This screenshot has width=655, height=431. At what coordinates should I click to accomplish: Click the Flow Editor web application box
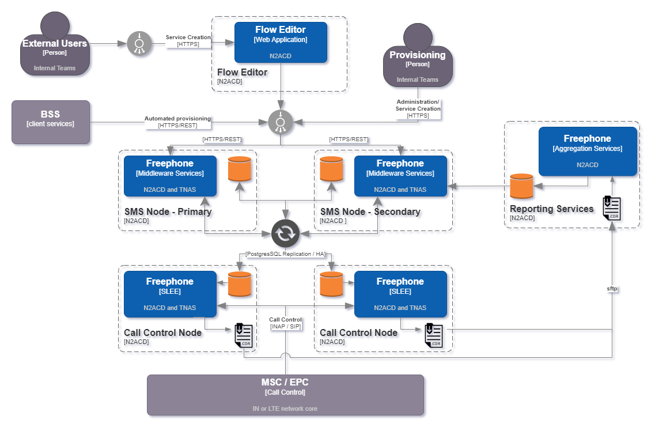tap(281, 42)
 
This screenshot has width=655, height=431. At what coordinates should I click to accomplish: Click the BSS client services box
tap(51, 122)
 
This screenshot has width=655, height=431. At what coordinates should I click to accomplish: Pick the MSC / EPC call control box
tap(285, 395)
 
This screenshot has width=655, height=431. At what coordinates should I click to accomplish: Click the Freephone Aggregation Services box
tap(588, 151)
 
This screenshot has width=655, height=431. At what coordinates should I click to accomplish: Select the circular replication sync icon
tap(286, 233)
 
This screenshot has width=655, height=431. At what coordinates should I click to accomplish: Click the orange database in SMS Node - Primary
tap(240, 169)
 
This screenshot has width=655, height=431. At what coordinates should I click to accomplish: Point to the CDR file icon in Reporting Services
tap(611, 208)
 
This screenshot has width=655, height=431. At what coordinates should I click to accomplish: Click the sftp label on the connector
tap(612, 288)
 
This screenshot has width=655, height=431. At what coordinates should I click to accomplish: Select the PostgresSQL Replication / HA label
tap(285, 254)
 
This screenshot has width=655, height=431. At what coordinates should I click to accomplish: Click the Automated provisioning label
tap(177, 122)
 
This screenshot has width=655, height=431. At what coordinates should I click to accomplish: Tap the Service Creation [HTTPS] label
tap(188, 40)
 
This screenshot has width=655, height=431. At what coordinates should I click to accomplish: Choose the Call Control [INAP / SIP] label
tap(285, 323)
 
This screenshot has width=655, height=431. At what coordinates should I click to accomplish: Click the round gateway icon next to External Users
tap(139, 43)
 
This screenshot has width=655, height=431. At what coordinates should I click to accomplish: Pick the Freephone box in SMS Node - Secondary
tap(400, 176)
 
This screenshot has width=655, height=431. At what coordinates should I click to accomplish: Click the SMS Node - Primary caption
tap(168, 211)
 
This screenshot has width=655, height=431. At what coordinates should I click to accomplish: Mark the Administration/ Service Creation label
tap(418, 108)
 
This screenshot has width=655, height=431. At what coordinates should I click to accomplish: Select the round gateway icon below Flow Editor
tap(281, 122)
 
